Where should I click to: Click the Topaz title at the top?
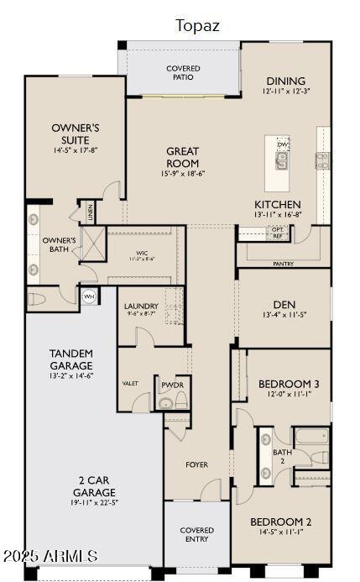pos(197,25)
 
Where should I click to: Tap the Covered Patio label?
pos(183,72)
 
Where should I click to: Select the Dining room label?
pos(286,81)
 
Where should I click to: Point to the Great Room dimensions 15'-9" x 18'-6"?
pos(183,173)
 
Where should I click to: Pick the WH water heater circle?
pos(89,296)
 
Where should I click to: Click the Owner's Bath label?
pos(60,244)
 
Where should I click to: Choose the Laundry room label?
pos(140,307)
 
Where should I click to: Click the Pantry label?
pos(283,264)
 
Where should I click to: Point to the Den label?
pos(284,304)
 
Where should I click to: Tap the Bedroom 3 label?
pos(288,383)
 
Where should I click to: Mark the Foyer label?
pos(197,464)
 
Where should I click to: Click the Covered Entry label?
pos(196,535)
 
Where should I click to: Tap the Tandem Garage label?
pos(70,359)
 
